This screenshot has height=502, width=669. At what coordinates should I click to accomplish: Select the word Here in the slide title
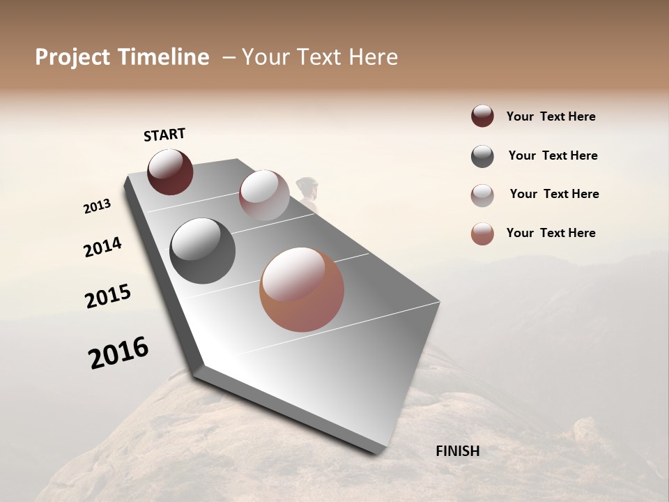pos(373,57)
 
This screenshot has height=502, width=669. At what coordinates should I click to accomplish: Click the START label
pos(164,135)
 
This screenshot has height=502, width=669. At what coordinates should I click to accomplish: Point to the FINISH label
pos(458,451)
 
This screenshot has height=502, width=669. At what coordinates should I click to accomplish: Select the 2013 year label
pos(98,206)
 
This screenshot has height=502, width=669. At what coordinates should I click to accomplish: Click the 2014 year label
pos(103,248)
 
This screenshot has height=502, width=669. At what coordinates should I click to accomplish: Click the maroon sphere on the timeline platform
pos(170,172)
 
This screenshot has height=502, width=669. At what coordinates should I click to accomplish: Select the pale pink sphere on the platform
pos(264,195)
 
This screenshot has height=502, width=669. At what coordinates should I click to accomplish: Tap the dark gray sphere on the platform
pos(202,251)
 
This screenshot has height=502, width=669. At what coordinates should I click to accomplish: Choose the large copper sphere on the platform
pos(302,289)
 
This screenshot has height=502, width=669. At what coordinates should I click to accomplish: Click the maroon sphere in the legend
pos(482,116)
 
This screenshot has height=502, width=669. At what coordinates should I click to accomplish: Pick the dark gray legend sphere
pos(482,156)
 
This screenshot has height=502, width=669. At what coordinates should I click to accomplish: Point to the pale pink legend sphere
pos(482,195)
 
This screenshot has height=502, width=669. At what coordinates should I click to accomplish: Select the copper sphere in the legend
pos(482,234)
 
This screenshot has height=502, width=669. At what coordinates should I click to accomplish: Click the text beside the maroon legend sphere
pos(551,116)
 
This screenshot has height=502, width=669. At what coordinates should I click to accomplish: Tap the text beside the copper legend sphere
pos(551,233)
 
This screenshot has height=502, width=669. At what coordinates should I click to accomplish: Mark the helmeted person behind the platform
pos(307,191)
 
